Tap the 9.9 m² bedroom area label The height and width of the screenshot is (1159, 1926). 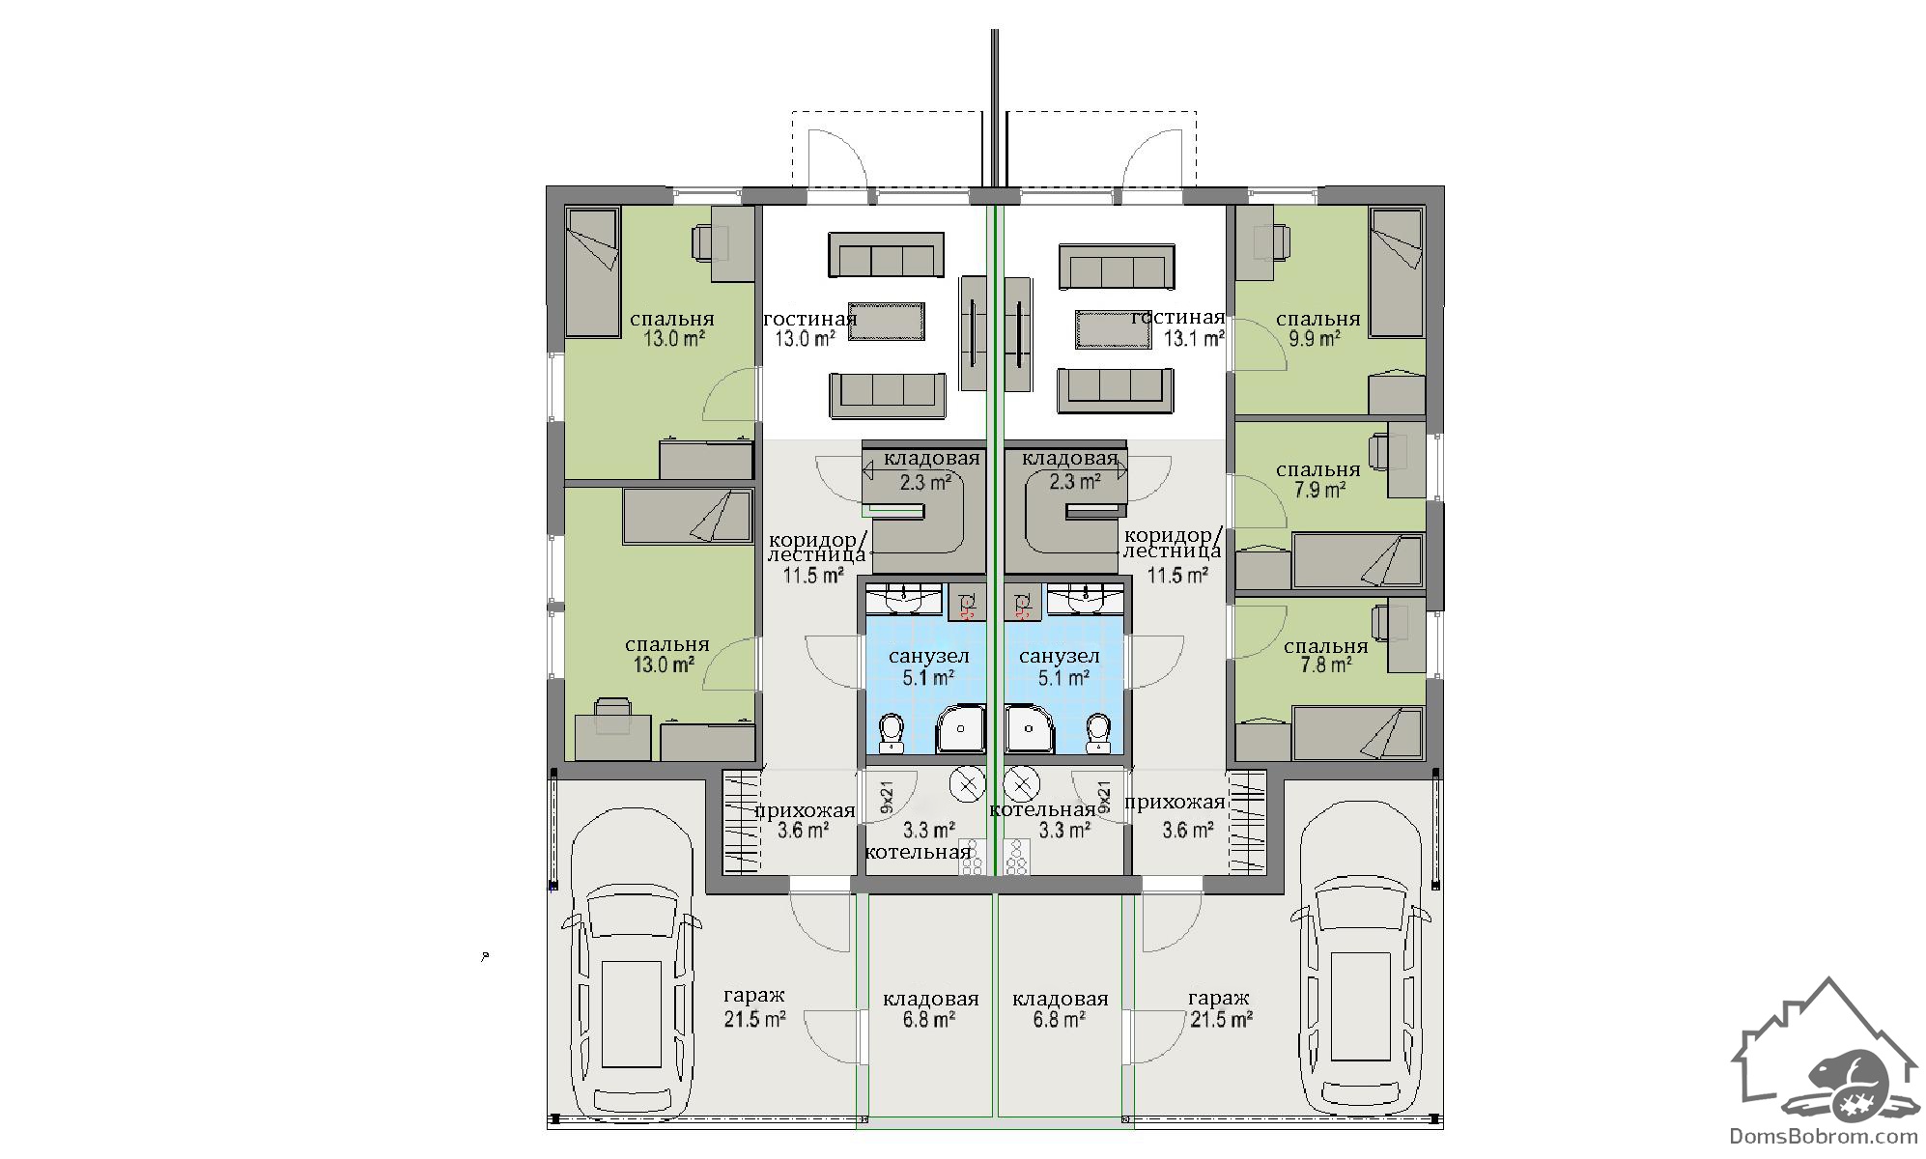[x=1315, y=339]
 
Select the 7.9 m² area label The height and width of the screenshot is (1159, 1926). [x=1320, y=490]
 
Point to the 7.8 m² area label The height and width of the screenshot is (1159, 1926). [x=1325, y=665]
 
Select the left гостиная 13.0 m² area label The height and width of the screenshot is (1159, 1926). [x=805, y=339]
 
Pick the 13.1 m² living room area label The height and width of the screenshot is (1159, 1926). [x=1194, y=339]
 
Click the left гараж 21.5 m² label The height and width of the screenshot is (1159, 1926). [x=754, y=1008]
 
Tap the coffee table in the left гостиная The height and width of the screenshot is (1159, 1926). [x=887, y=322]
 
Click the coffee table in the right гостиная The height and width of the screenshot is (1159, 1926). [x=1114, y=329]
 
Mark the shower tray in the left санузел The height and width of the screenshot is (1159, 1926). [x=960, y=729]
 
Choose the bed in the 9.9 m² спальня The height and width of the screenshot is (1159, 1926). [x=1397, y=272]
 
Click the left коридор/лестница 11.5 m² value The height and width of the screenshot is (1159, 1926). [x=812, y=577]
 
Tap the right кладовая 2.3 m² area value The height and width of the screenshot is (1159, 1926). [x=1075, y=481]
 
